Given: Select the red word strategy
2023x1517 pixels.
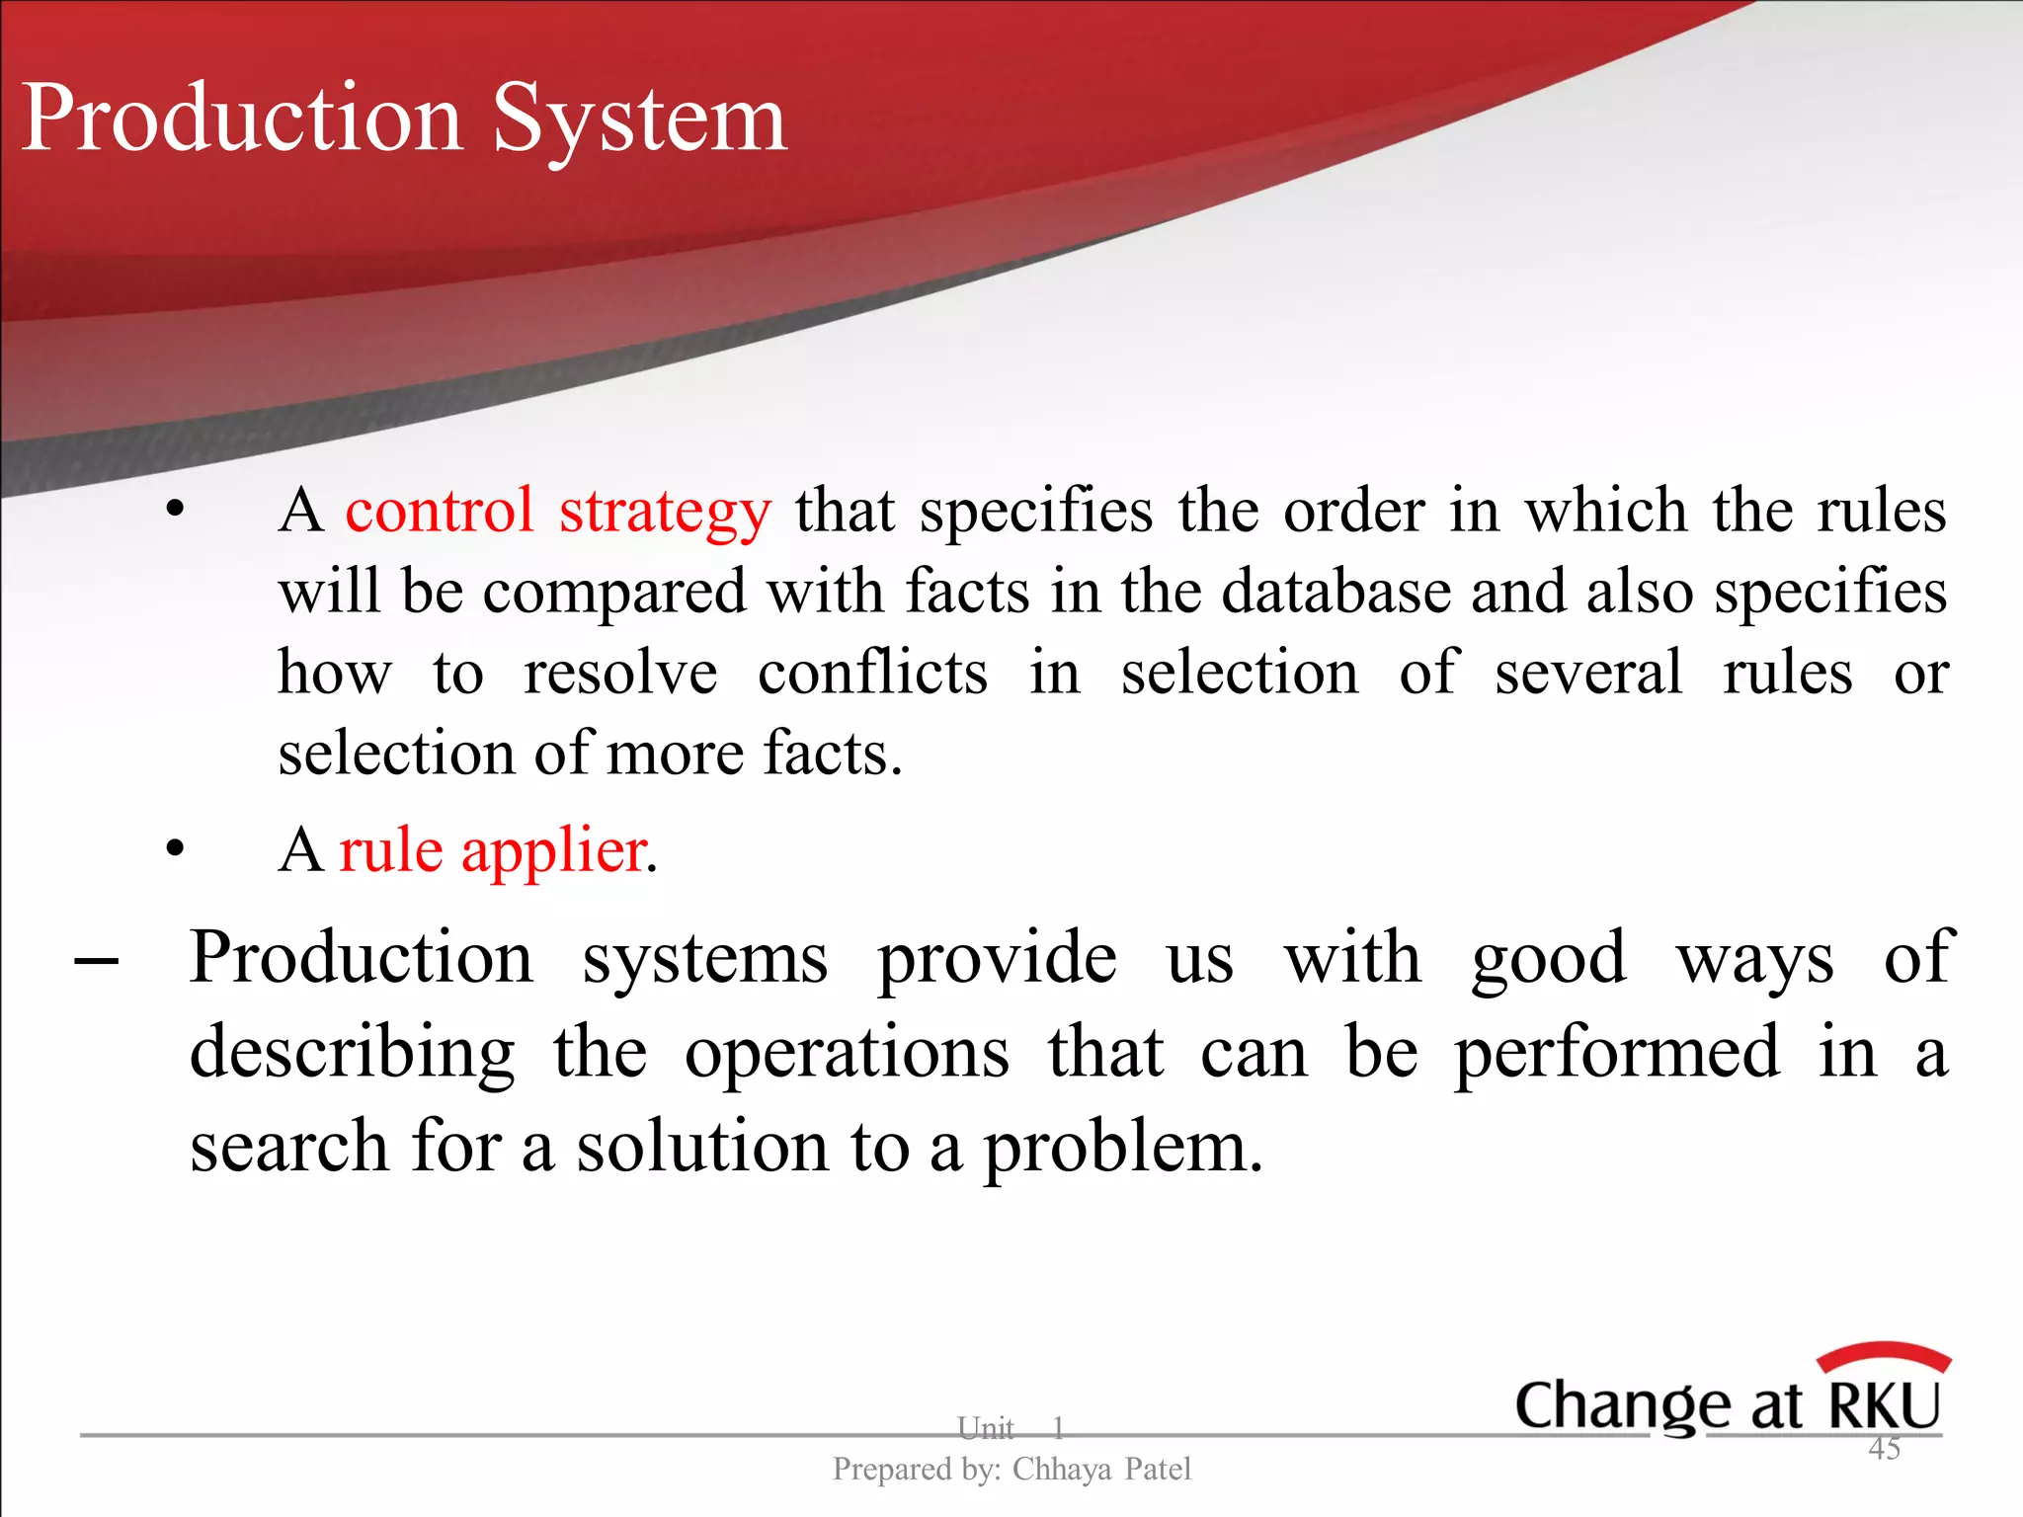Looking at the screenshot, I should (x=664, y=514).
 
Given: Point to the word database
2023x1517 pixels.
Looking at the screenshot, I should (x=1335, y=592).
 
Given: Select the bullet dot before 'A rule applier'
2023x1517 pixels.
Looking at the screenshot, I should (x=176, y=848).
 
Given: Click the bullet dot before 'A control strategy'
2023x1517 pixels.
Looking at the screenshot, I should (x=176, y=510).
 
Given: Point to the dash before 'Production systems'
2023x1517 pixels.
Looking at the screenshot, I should (x=97, y=960).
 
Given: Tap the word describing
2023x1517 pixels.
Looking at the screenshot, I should (x=353, y=1054).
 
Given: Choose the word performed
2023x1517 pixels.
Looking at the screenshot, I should (x=1616, y=1053).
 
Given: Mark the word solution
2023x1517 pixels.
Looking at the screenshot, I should (x=702, y=1147).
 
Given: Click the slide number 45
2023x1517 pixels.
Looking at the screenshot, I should (x=1884, y=1449).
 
